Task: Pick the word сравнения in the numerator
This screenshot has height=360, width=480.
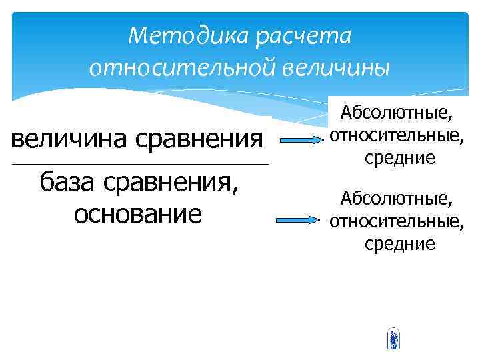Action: pos(199,139)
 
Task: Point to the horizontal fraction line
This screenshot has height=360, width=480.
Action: pos(140,164)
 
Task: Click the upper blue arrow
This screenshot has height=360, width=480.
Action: pos(300,141)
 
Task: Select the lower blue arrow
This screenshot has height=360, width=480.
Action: pos(300,220)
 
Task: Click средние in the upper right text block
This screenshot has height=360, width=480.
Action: pos(399,158)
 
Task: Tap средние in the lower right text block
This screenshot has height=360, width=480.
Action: pos(399,243)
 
